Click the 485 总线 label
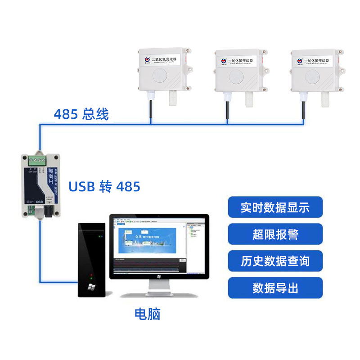pos(81,114)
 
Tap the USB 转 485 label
pos(104,186)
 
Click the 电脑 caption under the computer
pos(147,314)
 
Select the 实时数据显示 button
pos(275,207)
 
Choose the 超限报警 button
pos(275,234)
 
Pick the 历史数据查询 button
pos(275,261)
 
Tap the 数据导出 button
pos(275,288)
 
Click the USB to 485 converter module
pos(40,184)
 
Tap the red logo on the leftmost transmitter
pos(146,59)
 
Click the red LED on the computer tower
pos(91,274)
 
